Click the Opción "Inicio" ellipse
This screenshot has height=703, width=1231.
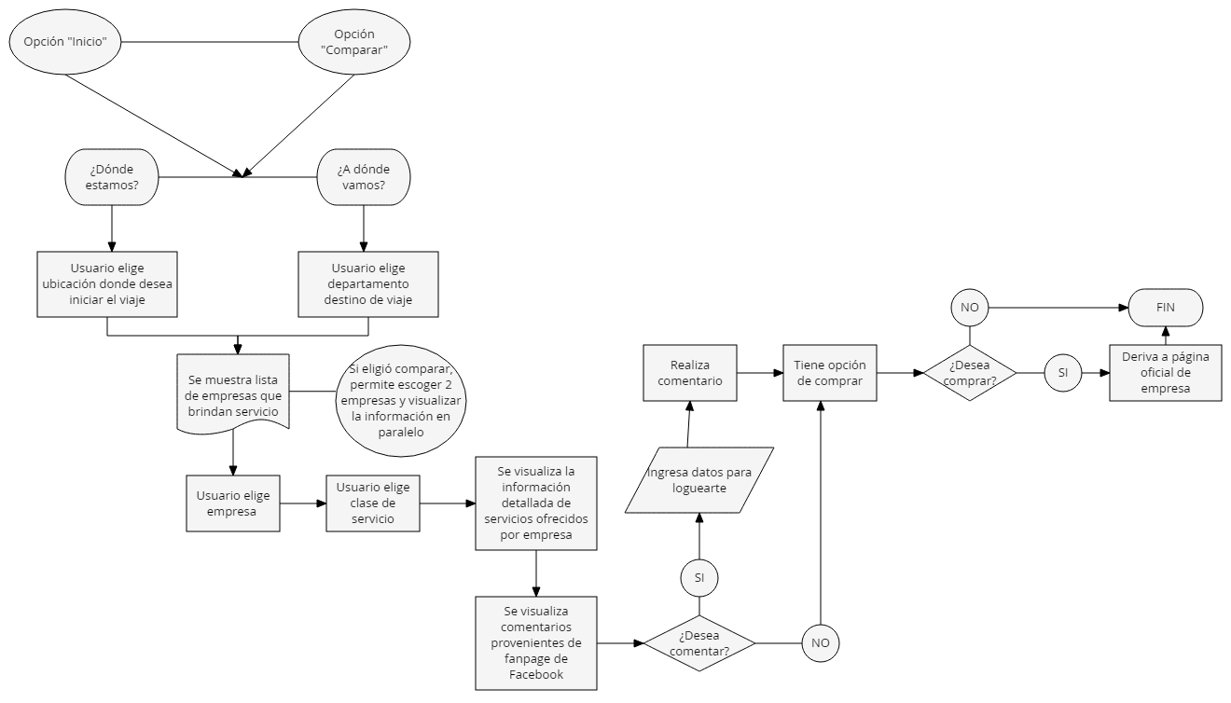(65, 42)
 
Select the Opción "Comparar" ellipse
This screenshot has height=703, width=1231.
(354, 42)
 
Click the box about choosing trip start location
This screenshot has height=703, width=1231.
(107, 283)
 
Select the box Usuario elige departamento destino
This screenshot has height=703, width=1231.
(368, 283)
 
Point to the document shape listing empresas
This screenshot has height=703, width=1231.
(232, 395)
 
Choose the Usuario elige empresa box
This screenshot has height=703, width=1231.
(233, 503)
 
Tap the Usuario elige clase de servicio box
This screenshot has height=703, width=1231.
(373, 503)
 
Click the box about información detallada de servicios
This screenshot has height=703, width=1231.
(535, 503)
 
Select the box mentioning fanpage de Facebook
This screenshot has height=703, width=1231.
(535, 642)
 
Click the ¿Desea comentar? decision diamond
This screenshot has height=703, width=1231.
(698, 642)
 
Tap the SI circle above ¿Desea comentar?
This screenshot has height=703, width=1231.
(698, 577)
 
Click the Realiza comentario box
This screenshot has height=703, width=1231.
(688, 372)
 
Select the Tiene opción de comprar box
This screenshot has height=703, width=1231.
(829, 372)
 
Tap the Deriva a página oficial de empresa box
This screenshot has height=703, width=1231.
(1165, 372)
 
